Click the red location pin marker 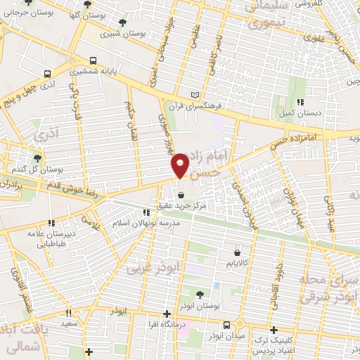pyautogui.click(x=181, y=165)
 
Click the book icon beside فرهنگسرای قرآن pyautogui.click(x=195, y=94)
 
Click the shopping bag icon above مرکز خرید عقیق pyautogui.click(x=182, y=195)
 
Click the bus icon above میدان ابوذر pyautogui.click(x=226, y=325)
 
